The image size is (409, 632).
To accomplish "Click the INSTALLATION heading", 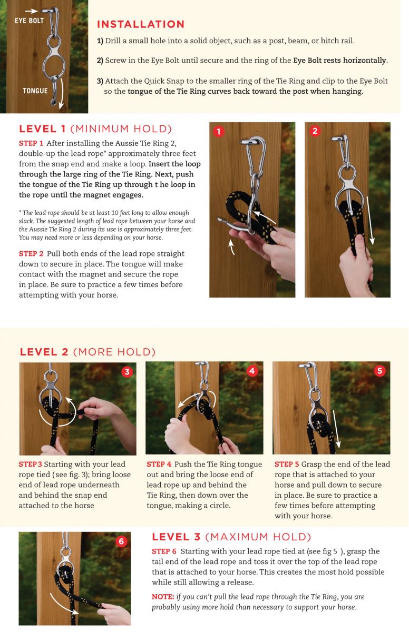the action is coord(141,24).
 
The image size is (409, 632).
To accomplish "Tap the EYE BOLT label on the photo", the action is coord(30,21).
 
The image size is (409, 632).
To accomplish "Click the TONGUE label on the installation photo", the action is coord(35,91).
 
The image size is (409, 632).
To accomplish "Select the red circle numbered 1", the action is coord(219,131).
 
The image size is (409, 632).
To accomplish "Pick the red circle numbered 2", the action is coord(315,131).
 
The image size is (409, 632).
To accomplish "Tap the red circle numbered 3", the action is coord(127,372).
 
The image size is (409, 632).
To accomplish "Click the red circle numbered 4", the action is coord(252,371).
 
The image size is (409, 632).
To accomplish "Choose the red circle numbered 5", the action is coord(379,370).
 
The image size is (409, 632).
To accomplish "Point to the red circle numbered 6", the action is coord(121,541).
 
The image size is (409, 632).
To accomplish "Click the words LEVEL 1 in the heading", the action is coord(42,129).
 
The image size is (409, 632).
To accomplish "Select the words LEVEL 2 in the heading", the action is coord(44,352).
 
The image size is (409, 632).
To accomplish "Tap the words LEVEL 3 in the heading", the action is coord(176,537).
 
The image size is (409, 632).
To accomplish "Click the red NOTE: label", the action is coord(163,597).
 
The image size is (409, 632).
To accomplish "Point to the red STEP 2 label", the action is coord(31,254).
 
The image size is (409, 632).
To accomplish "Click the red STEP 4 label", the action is coord(159,464).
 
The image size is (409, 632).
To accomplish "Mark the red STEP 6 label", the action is coord(164,551).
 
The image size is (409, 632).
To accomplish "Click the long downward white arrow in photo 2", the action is coord(370,220).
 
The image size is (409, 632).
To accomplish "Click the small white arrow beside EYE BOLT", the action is coord(31,11).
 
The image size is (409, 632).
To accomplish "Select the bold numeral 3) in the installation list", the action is coord(100,81).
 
